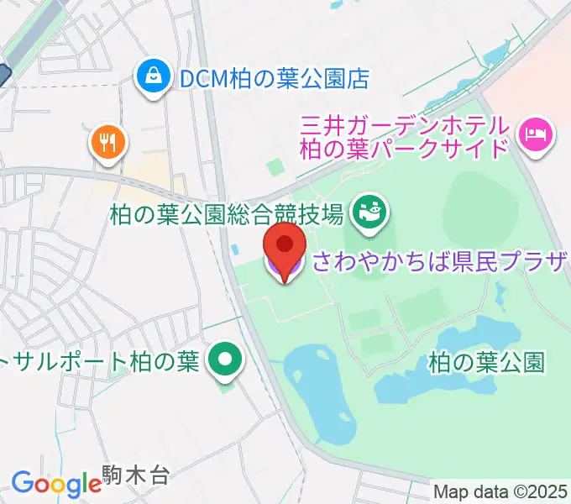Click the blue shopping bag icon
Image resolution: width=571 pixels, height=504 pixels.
pyautogui.click(x=155, y=78)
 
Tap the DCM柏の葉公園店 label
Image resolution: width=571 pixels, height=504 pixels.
pyautogui.click(x=275, y=79)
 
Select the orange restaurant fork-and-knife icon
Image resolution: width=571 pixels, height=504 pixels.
pyautogui.click(x=107, y=142)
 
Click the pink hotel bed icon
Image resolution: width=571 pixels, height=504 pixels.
pyautogui.click(x=535, y=133)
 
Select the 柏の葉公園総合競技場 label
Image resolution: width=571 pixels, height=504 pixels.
pyautogui.click(x=227, y=215)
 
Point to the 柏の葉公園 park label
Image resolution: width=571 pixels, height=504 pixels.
pyautogui.click(x=487, y=363)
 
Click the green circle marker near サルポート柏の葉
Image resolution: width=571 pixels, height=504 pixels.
pyautogui.click(x=225, y=361)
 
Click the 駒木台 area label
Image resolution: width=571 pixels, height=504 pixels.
pyautogui.click(x=136, y=476)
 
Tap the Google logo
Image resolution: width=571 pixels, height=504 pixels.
pyautogui.click(x=56, y=484)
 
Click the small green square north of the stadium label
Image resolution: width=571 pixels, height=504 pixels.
pyautogui.click(x=276, y=166)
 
